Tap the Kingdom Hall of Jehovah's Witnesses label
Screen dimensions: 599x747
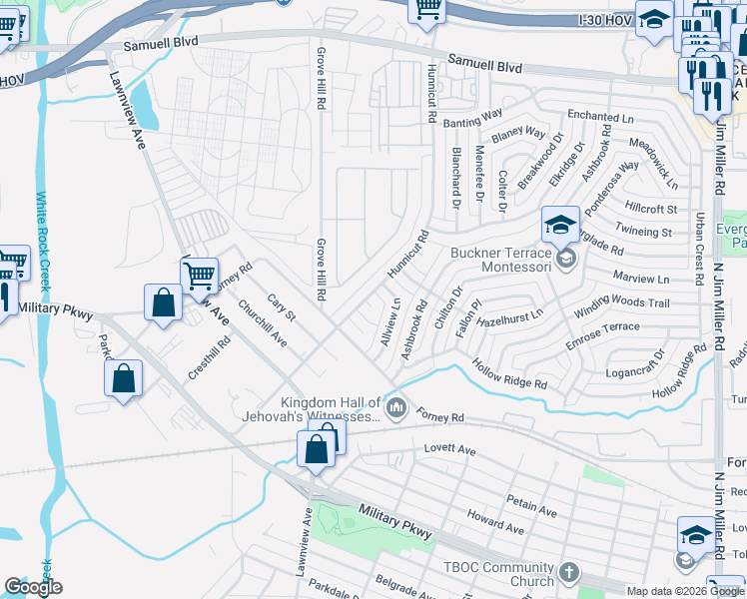coord(311,408)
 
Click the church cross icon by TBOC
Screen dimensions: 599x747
coord(568,573)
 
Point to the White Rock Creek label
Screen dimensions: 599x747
coord(44,240)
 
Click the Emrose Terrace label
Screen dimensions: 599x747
coord(602,335)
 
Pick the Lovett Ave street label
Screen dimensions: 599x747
coord(449,450)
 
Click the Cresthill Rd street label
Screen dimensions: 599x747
coord(209,356)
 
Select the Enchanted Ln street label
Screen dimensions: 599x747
coord(600,118)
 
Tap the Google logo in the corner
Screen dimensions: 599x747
coord(34,587)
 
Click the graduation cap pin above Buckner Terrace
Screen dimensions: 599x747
coord(561,224)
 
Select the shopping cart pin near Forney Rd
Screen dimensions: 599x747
coord(199,273)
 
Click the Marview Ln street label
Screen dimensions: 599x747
coord(641,279)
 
